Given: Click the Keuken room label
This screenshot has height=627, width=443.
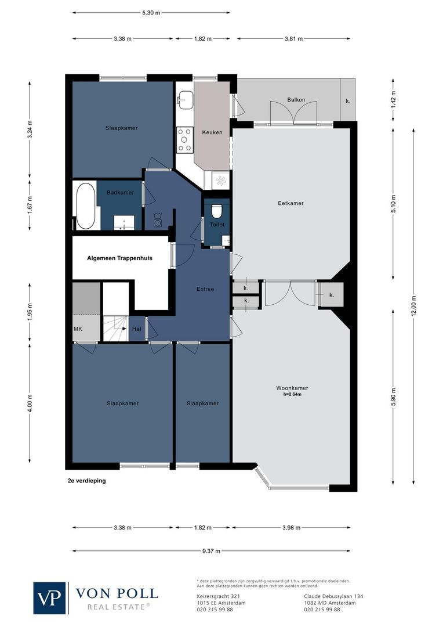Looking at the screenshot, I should click(x=212, y=132).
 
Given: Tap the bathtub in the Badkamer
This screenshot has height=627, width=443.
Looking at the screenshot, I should click(x=85, y=207).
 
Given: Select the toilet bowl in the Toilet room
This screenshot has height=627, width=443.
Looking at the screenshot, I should click(x=216, y=210).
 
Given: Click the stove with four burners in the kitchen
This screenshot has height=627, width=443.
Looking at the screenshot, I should click(x=185, y=140).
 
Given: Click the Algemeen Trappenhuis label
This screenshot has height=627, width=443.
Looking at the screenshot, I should click(x=119, y=258).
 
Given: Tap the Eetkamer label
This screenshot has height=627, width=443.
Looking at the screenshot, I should click(x=291, y=203).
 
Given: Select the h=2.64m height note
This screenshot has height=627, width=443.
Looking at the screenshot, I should click(x=292, y=395).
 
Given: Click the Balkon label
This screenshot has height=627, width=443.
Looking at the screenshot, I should click(x=296, y=100).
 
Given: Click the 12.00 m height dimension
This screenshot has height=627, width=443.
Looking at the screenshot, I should click(x=413, y=306).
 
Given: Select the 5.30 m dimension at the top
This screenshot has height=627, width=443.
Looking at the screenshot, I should click(x=151, y=12).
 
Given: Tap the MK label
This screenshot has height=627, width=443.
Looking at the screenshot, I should click(x=78, y=329).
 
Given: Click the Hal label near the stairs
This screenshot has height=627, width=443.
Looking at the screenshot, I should click(x=137, y=329).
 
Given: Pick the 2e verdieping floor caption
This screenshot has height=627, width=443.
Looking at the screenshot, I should click(x=86, y=481).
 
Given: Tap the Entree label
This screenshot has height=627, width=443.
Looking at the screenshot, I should click(x=205, y=289).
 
